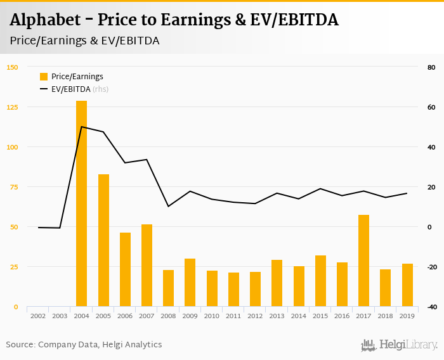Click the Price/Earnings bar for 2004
click(x=81, y=203)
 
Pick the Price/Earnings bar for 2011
click(x=233, y=290)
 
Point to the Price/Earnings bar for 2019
click(x=407, y=285)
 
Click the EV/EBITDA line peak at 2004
click(x=81, y=127)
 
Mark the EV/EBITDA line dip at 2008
click(x=168, y=206)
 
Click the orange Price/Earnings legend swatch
click(x=44, y=77)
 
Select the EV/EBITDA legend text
click(x=71, y=89)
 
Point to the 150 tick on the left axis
click(x=13, y=67)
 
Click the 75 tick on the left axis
click(x=14, y=187)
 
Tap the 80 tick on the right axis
click(x=431, y=67)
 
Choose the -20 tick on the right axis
click(x=431, y=267)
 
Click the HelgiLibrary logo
click(x=400, y=345)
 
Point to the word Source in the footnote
click(x=20, y=345)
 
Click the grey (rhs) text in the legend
click(x=101, y=89)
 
